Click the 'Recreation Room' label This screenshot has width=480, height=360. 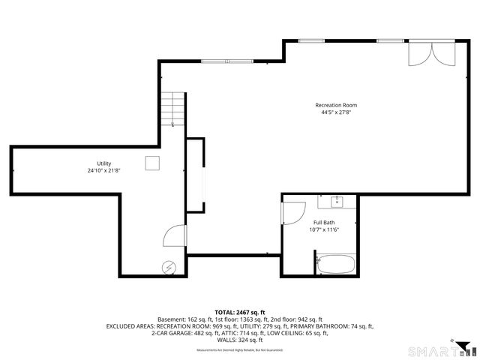(336, 105)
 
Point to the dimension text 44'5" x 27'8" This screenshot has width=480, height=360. (336, 112)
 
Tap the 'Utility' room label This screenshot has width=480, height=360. (103, 163)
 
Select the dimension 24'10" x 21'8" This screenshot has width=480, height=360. (103, 171)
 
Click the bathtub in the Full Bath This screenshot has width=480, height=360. (336, 263)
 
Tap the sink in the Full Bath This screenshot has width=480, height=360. (337, 200)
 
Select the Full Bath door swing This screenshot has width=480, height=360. (289, 213)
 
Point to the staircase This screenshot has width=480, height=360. (174, 109)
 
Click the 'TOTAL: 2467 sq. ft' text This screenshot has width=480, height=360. (240, 312)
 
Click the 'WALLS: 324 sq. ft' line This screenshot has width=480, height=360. (240, 340)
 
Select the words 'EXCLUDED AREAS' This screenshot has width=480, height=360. (130, 326)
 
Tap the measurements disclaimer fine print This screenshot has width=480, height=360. (240, 350)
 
